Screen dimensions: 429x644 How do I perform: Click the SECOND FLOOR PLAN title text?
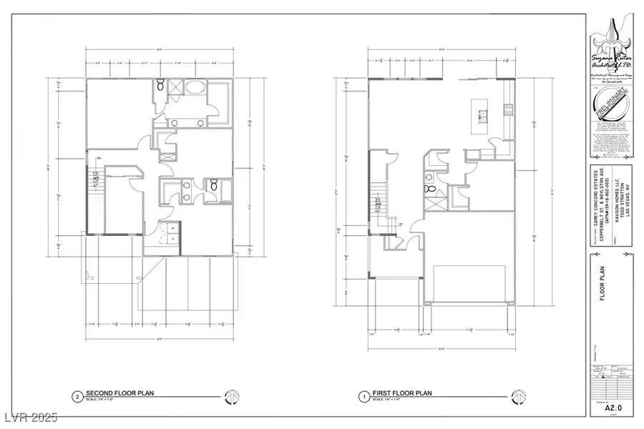pos(119,393)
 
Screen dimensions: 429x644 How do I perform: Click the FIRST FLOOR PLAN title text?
pos(401,393)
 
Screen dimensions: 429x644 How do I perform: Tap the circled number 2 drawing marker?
pos(76,395)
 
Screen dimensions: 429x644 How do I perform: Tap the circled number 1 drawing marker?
pos(363,395)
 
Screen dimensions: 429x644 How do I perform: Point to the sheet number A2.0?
pos(610,410)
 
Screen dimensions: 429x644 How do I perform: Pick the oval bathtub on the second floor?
pos(193,90)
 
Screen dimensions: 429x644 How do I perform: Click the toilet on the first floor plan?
pos(430,189)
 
